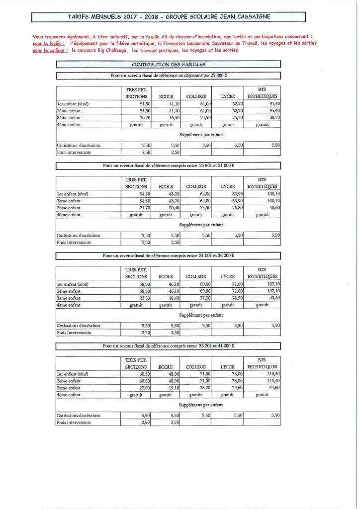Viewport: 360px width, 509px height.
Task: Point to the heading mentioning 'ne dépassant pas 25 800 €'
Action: pyautogui.click(x=168, y=75)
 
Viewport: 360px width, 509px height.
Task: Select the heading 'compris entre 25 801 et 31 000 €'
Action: pyautogui.click(x=168, y=166)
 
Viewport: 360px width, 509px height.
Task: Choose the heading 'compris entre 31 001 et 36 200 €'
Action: pyautogui.click(x=168, y=255)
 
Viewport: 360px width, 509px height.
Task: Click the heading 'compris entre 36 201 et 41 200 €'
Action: pyautogui.click(x=168, y=345)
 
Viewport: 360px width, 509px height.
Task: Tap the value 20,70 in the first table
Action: pyautogui.click(x=142, y=117)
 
